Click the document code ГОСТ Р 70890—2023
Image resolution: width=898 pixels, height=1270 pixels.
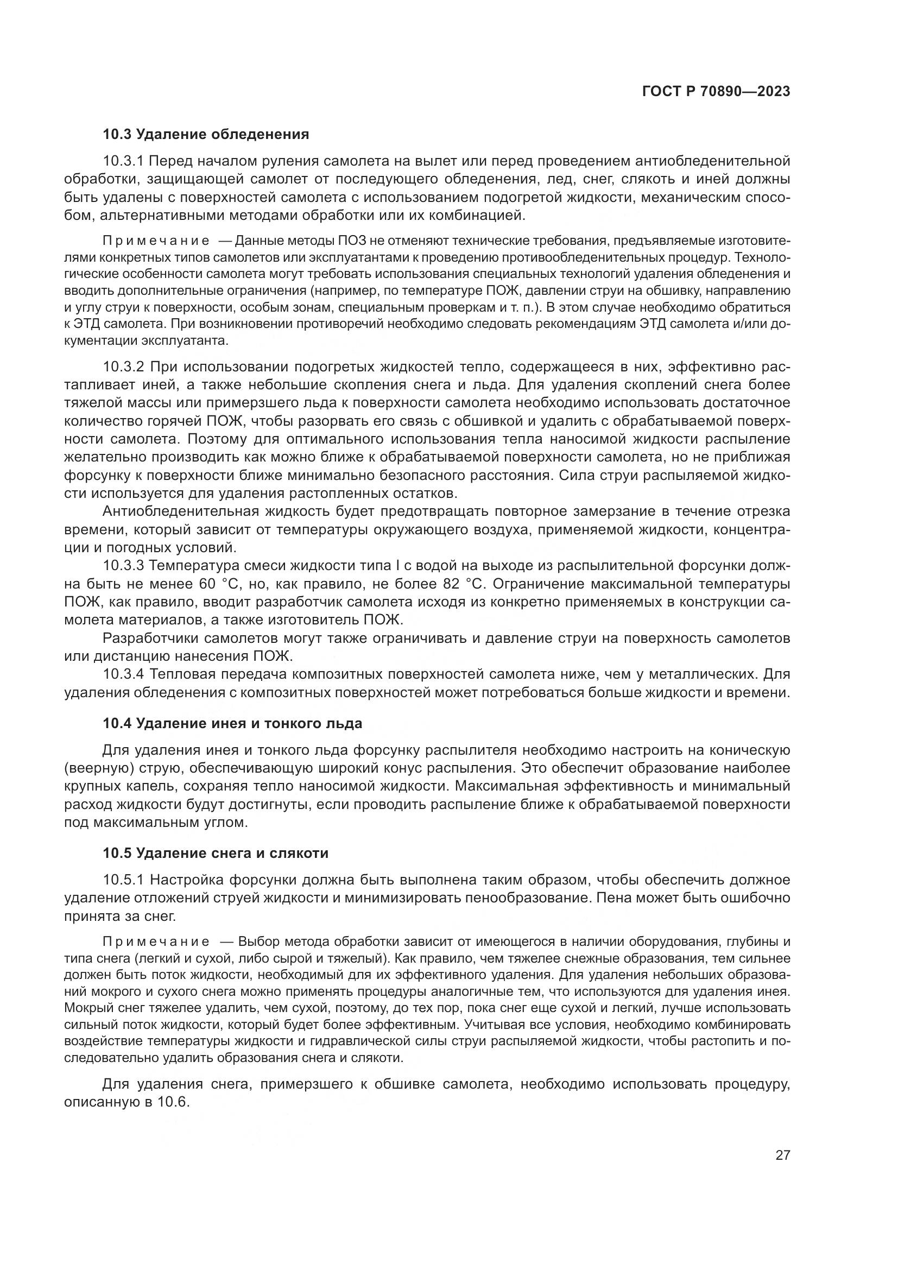[x=716, y=92]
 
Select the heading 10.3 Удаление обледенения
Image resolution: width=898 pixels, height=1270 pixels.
[x=206, y=134]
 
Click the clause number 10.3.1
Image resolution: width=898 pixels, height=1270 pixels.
[x=123, y=161]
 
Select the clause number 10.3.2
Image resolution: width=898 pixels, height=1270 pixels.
[x=123, y=367]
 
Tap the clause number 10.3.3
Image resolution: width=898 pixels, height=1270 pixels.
[x=123, y=566]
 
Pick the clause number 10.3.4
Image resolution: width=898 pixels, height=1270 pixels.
[x=123, y=674]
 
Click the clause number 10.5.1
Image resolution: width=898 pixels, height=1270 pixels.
[x=123, y=880]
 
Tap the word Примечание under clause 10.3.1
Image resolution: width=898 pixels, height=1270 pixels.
[x=156, y=241]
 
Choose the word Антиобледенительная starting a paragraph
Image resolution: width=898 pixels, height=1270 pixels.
[x=178, y=511]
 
